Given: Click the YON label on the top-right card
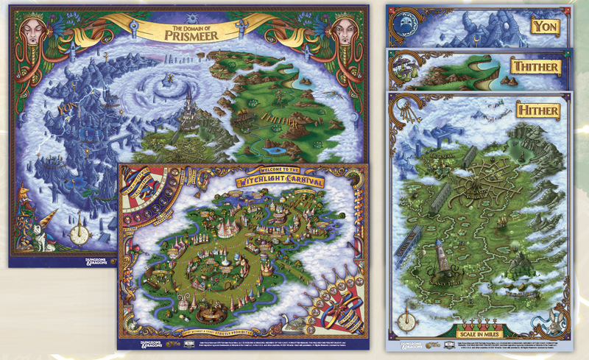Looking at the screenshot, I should [543, 27].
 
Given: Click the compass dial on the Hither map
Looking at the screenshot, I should [406, 322].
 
